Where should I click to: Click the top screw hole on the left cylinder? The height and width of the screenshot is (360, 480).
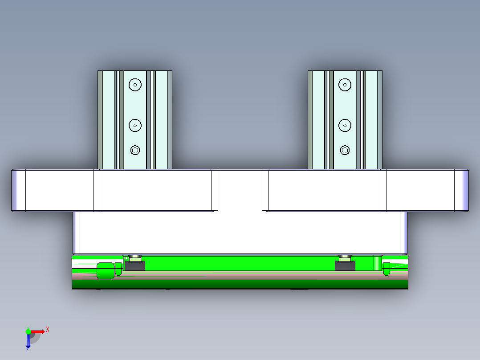pos(135,84)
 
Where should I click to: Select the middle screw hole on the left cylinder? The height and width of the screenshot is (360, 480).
pos(135,126)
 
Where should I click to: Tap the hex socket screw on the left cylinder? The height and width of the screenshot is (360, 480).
pos(135,151)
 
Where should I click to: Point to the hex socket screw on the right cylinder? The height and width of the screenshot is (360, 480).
pos(345,151)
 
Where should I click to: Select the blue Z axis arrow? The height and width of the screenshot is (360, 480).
pos(28,341)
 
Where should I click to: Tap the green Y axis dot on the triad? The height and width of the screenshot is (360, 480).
pos(28,331)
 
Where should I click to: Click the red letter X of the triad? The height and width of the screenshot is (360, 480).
pos(48,330)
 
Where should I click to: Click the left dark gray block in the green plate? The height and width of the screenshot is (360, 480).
pos(134,266)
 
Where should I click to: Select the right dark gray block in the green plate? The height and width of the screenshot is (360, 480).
pos(345,266)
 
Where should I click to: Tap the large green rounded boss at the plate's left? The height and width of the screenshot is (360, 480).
pos(105,271)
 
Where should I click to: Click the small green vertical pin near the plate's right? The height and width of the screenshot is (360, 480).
pos(377,263)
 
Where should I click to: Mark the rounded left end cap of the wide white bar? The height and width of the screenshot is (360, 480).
pos(18,190)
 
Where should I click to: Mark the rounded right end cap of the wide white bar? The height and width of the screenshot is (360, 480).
pos(461,190)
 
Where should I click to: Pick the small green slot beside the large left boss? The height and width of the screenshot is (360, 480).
pos(118,269)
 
